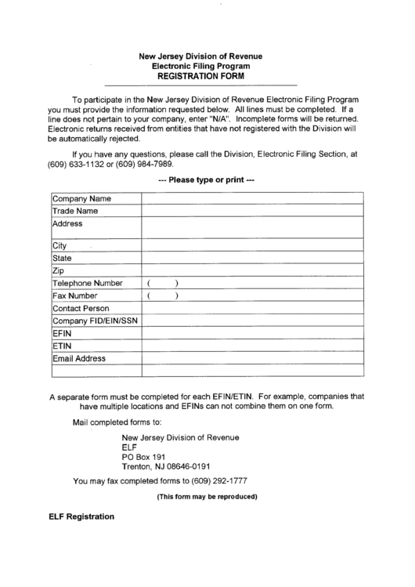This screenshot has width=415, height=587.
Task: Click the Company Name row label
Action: coord(81,199)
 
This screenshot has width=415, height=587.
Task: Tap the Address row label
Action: coord(67,223)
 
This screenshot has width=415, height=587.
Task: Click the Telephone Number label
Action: coord(88,283)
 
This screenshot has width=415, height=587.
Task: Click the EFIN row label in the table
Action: coord(63,333)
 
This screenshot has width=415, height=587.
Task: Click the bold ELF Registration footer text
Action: coord(81,517)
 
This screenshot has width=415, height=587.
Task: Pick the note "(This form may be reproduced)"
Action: coord(207,497)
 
